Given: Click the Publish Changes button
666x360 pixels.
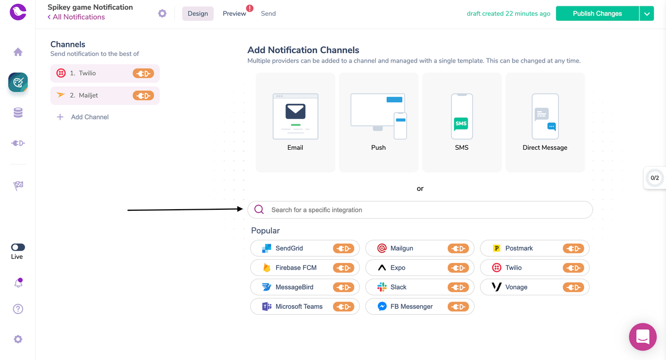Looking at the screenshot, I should [597, 14].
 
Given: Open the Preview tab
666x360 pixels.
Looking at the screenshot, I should [234, 14].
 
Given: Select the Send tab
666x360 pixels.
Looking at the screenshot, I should [268, 14].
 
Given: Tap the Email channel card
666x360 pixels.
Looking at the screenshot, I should [295, 123].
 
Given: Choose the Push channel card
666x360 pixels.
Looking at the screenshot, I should [378, 123].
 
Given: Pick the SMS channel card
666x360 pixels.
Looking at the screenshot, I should [462, 123].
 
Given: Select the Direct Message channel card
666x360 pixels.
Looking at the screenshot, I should [545, 123].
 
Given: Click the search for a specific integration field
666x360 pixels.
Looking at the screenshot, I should [420, 210].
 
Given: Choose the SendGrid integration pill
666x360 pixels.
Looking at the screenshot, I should [305, 248].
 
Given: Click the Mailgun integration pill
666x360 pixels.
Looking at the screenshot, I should [420, 248].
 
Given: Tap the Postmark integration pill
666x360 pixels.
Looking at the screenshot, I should [534, 248].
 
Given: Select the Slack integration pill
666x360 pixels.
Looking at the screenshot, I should [420, 287].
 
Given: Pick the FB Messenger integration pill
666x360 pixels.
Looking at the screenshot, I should [420, 306].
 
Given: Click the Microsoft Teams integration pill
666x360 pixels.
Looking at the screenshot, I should [305, 306].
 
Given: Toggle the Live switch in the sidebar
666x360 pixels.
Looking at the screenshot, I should [18, 247].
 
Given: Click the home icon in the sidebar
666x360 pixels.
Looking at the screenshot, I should [18, 52].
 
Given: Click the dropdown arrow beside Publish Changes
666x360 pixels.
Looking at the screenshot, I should [647, 14].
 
